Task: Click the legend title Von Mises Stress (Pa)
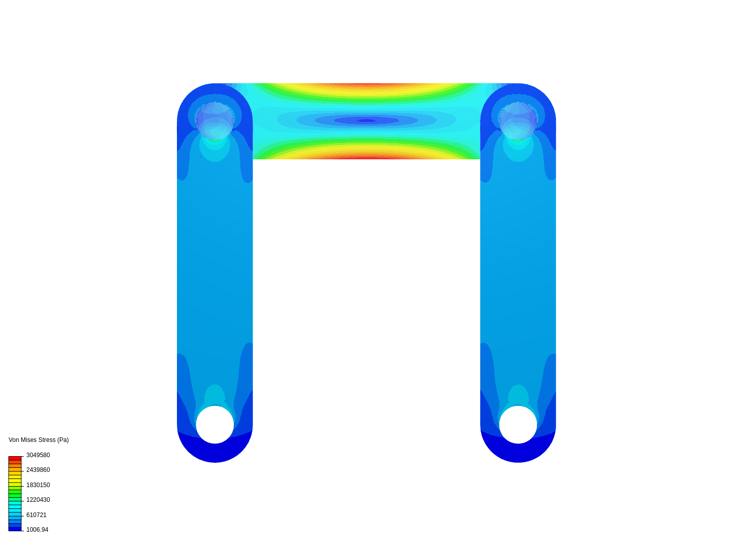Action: tap(39, 440)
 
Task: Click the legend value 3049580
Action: tap(38, 455)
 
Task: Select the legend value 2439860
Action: tap(38, 470)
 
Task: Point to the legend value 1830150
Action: tap(38, 485)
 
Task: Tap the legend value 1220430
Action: tap(38, 500)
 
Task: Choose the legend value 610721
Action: tap(36, 515)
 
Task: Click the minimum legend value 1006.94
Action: tap(37, 529)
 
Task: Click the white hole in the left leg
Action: tap(215, 425)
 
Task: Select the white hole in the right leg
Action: tap(518, 425)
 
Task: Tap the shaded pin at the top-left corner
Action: tap(215, 121)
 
